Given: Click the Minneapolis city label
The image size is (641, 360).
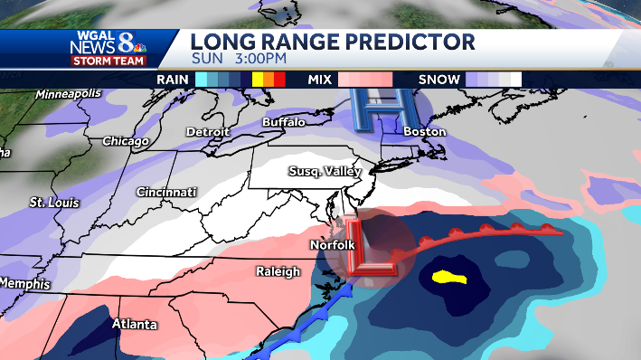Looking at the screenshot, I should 66,94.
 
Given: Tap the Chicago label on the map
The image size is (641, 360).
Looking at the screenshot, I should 125,141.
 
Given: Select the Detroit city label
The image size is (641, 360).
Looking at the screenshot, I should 207,132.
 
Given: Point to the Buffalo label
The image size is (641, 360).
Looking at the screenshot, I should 283,122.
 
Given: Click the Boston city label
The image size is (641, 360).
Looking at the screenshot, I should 425,132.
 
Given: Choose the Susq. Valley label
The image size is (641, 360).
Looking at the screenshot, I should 325,172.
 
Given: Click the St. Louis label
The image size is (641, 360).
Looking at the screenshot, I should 51,202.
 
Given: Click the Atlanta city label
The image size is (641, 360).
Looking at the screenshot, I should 133,323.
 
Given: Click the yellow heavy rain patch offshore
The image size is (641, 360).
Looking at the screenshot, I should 448,278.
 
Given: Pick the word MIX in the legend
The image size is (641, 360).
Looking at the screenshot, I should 320,80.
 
